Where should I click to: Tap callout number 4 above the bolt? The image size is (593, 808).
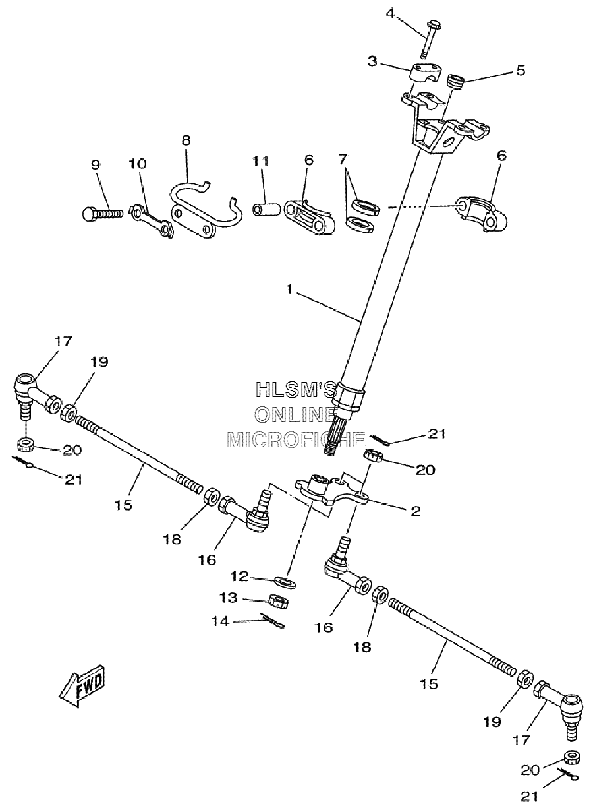click(x=390, y=13)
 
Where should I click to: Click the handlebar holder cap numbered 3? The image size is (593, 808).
click(x=426, y=75)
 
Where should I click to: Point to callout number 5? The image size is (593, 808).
click(x=521, y=70)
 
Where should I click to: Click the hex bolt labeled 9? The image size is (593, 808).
click(x=102, y=214)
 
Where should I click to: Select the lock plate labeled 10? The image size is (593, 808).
click(x=151, y=221)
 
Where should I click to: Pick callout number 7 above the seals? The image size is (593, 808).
click(x=343, y=159)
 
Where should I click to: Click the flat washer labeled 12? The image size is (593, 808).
click(x=285, y=582)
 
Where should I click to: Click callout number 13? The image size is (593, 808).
click(x=229, y=598)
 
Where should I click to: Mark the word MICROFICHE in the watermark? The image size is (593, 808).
click(x=296, y=440)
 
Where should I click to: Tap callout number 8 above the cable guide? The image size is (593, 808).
click(x=186, y=140)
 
